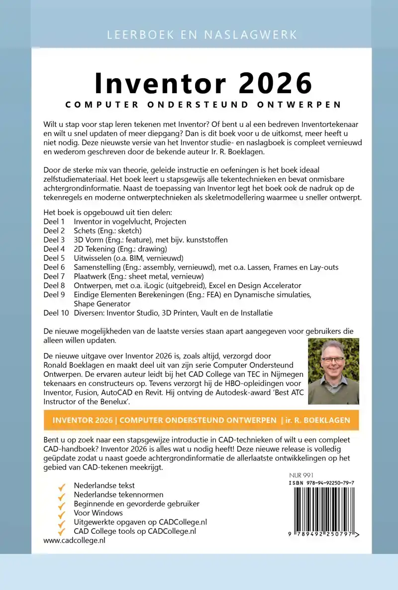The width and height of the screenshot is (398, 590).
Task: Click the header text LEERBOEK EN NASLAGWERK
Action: click(x=201, y=35)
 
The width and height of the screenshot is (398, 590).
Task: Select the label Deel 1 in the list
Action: click(x=54, y=222)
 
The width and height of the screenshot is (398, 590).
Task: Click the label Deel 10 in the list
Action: click(x=56, y=313)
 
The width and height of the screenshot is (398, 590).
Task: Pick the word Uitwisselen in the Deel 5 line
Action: click(x=93, y=258)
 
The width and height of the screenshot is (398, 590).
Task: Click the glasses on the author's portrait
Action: click(x=333, y=359)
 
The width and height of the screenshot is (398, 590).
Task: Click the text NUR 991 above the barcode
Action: click(x=301, y=475)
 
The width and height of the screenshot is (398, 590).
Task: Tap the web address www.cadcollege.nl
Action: click(x=75, y=540)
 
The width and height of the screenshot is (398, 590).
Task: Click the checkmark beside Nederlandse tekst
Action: click(x=62, y=485)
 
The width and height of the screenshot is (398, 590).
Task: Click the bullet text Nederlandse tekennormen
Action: click(x=118, y=494)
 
